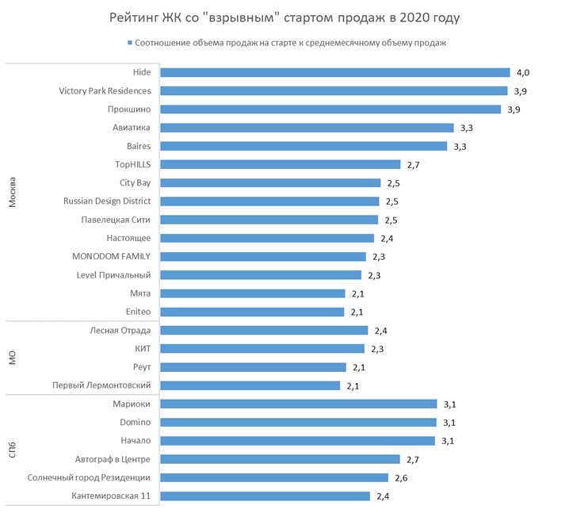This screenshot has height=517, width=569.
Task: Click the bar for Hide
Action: [334, 72]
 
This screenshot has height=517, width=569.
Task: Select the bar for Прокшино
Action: [330, 109]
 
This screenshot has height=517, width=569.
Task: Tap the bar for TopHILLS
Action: [280, 164]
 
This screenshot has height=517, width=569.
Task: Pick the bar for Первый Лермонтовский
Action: [250, 385]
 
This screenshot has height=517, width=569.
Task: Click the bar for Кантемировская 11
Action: [265, 496]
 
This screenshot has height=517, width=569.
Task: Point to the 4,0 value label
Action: [522, 72]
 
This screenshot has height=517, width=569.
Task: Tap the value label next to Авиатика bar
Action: [468, 128]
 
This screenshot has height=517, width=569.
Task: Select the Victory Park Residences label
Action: [105, 90]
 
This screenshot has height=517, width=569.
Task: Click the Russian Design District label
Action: [107, 201]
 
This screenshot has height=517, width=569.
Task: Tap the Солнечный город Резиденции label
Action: [89, 477]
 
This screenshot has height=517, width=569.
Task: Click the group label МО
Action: [13, 358]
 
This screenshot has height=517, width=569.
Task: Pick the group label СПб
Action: [13, 450]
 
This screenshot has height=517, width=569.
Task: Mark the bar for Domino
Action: [298, 423]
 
